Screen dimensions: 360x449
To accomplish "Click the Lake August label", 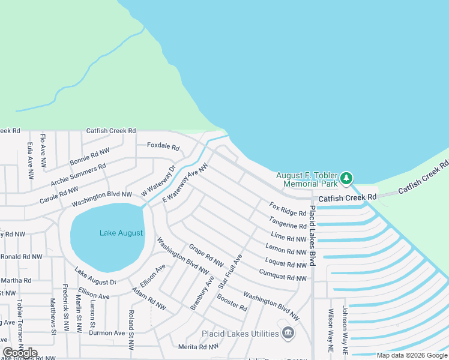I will coord(121,233).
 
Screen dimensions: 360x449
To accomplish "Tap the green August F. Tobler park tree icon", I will coord(346,178).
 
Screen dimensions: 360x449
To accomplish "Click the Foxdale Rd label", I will coord(163,146).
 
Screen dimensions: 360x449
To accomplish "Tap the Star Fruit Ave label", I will coord(230,269).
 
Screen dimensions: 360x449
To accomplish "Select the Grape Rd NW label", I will coord(206,255).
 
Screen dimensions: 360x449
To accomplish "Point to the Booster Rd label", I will coord(232,302).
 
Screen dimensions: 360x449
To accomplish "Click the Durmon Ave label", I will coord(107,333).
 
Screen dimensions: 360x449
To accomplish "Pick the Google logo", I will coord(20,353).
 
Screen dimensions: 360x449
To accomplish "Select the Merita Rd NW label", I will coord(199,347).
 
